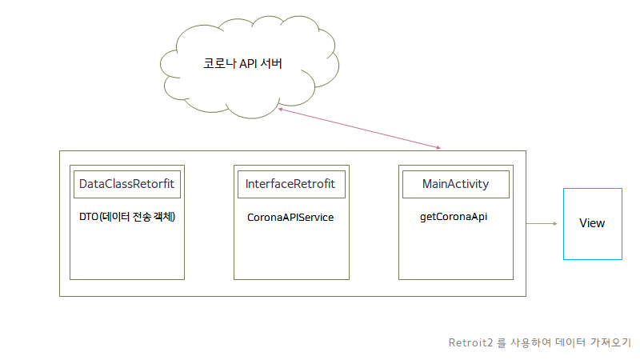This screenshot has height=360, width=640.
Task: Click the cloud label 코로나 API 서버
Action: pyautogui.click(x=242, y=64)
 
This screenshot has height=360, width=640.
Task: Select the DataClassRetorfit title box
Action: pyautogui.click(x=126, y=184)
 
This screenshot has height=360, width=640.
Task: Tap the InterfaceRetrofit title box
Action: pyautogui.click(x=290, y=184)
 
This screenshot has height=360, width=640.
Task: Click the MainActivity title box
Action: pyautogui.click(x=455, y=184)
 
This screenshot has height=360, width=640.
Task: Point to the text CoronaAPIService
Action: pyautogui.click(x=290, y=217)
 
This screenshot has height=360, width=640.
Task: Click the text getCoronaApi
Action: pyautogui.click(x=454, y=216)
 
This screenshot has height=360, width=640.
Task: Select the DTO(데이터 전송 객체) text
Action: pyautogui.click(x=127, y=217)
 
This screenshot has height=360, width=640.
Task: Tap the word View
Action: pyautogui.click(x=592, y=223)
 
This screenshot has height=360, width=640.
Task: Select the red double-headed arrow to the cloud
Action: pyautogui.click(x=360, y=129)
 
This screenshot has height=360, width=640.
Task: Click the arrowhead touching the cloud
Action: pyautogui.click(x=282, y=110)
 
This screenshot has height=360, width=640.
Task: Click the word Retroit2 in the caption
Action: pyautogui.click(x=470, y=342)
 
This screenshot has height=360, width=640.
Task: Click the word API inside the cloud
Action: pyautogui.click(x=248, y=64)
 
